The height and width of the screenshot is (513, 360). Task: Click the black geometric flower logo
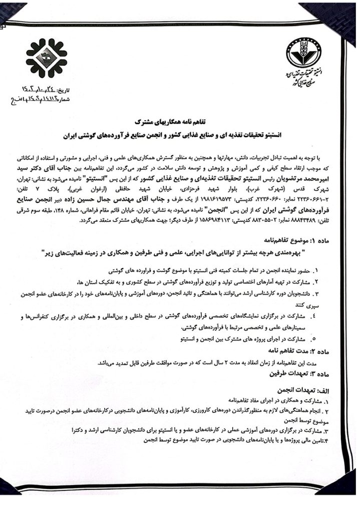click(46, 58)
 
